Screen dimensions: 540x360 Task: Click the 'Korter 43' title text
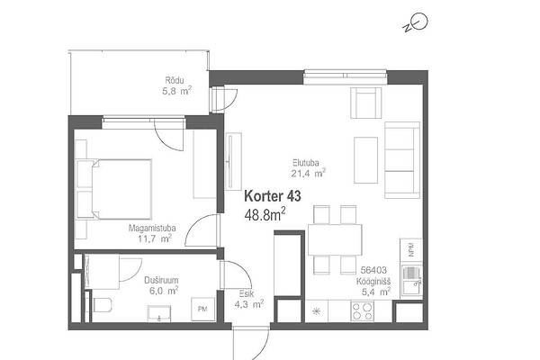pyautogui.click(x=273, y=196)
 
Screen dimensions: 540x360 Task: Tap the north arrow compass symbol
pyautogui.click(x=416, y=22)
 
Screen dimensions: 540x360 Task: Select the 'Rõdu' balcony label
pyautogui.click(x=175, y=81)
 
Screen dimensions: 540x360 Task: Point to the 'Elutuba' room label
pyautogui.click(x=305, y=163)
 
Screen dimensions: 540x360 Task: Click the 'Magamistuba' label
pyautogui.click(x=152, y=228)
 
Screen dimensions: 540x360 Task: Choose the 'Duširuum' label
pyautogui.click(x=161, y=280)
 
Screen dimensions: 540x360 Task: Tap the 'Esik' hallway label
pyautogui.click(x=247, y=294)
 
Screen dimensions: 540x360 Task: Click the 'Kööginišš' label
pyautogui.click(x=373, y=282)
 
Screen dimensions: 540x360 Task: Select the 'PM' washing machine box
pyautogui.click(x=202, y=309)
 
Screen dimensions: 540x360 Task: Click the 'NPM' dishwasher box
pyautogui.click(x=411, y=250)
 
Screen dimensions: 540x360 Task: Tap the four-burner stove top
pyautogui.click(x=362, y=311)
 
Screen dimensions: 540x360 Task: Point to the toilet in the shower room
pyautogui.click(x=103, y=305)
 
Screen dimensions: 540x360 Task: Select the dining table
pyautogui.click(x=335, y=239)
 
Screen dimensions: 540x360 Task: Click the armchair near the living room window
pyautogui.click(x=366, y=103)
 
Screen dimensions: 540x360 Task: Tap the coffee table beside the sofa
pyautogui.click(x=365, y=160)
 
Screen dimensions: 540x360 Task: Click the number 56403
pyautogui.click(x=373, y=270)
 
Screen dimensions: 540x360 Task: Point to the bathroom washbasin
pyautogui.click(x=159, y=313)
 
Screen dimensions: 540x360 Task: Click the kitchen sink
pyautogui.click(x=411, y=280)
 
